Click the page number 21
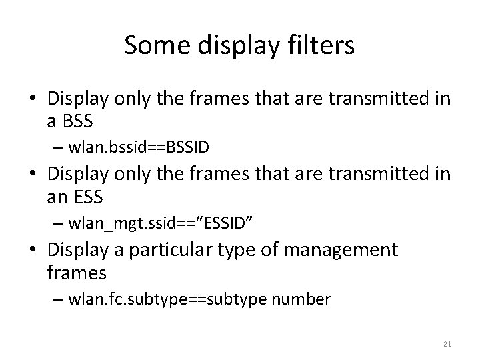coord(447,343)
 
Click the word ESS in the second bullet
coord(81,197)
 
